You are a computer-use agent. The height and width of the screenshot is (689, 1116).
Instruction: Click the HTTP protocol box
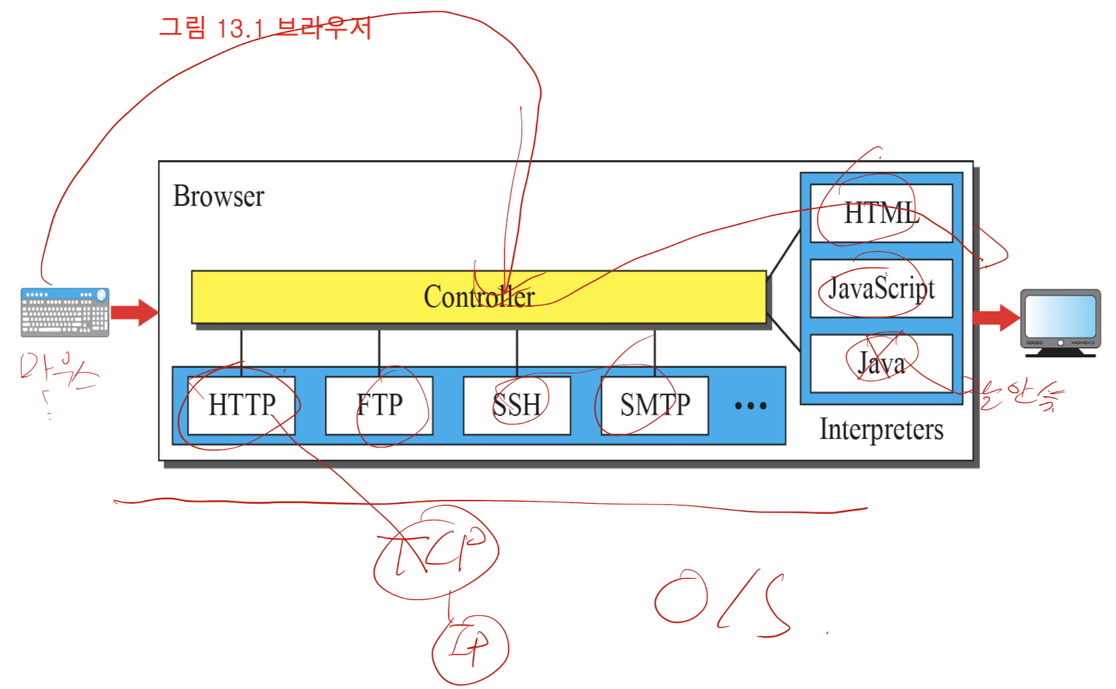tap(241, 405)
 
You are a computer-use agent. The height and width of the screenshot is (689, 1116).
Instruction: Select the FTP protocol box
tap(379, 405)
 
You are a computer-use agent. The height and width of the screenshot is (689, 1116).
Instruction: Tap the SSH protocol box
tap(517, 405)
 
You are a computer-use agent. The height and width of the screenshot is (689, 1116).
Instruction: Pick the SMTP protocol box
tap(654, 405)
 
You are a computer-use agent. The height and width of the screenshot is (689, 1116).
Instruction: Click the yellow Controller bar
tap(478, 297)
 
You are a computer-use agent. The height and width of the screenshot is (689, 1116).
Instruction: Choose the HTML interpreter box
tap(881, 214)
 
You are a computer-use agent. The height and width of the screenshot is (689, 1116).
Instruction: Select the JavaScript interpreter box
tap(881, 289)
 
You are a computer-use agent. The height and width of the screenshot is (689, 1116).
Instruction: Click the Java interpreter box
tap(881, 364)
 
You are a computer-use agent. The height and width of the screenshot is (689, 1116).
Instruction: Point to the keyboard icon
tap(65, 312)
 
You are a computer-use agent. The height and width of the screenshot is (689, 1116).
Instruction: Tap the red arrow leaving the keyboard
tap(134, 312)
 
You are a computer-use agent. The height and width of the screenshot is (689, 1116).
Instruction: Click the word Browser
tap(219, 196)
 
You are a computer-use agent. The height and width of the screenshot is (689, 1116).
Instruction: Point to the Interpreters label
tap(881, 430)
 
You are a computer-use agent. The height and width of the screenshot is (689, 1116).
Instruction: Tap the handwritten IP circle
tap(470, 649)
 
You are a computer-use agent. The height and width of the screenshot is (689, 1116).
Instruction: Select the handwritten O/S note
tap(720, 601)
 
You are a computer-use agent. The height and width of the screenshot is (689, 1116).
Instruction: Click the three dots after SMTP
tap(750, 406)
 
